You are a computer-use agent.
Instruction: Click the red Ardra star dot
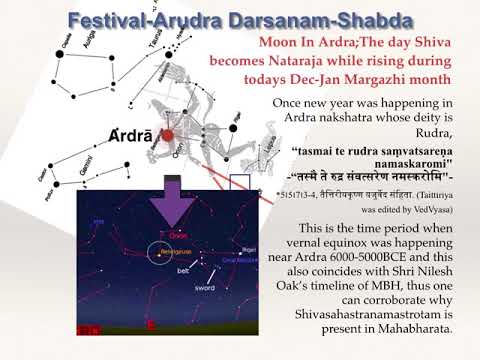[169, 135]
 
